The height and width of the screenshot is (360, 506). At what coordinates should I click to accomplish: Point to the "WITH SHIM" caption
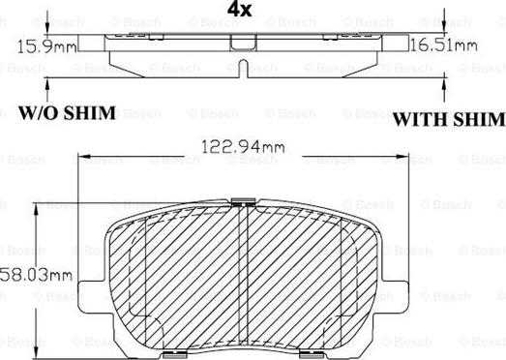[x=448, y=119]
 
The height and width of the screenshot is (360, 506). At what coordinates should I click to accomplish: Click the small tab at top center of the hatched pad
[x=242, y=201]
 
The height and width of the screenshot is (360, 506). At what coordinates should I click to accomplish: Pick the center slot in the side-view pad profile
[x=241, y=41]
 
